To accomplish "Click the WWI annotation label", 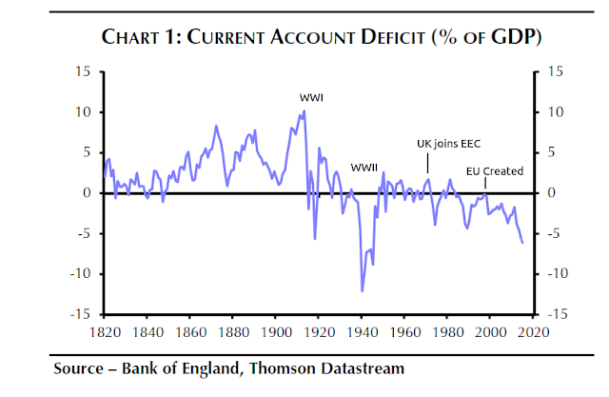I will tap(310, 97).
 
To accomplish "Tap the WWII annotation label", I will tap(364, 167).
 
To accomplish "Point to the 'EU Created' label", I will tap(495, 171).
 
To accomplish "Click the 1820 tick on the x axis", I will tap(105, 333).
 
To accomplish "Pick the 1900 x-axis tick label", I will tap(276, 333).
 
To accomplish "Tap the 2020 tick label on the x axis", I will tap(533, 333).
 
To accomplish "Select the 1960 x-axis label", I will tap(404, 333).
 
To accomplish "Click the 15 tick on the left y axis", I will tap(84, 72).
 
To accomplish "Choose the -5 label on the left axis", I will tap(84, 233).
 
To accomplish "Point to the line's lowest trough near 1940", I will tap(362, 291).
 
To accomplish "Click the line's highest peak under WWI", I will tap(304, 110).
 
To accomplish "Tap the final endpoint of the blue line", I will tap(521, 243).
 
